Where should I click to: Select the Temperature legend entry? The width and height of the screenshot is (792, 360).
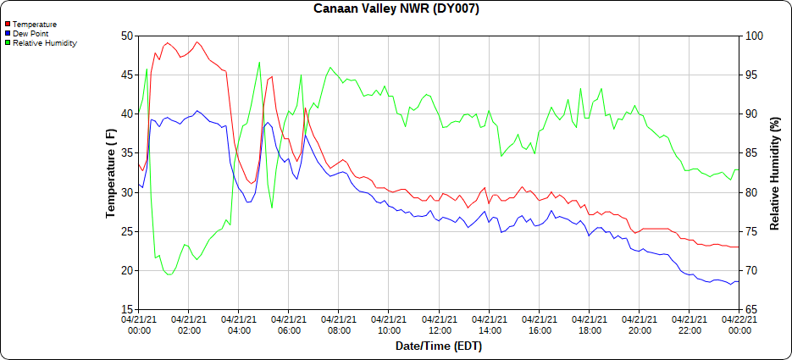point(34,25)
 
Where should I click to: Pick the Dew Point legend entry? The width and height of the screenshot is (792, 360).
point(30,34)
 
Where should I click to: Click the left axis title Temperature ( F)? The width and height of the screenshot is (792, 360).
point(111,173)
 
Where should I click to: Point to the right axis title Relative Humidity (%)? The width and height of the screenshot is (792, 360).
point(774,173)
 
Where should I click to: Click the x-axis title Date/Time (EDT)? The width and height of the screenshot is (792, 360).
point(438,346)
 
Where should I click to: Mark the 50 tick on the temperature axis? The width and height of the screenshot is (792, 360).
point(127,36)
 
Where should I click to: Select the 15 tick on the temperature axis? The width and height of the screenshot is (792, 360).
point(127,310)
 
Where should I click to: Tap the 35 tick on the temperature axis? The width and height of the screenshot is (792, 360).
point(127,153)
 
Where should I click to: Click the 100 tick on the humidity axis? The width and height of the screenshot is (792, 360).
point(752,36)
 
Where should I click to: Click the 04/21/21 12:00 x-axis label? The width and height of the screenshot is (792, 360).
point(439,324)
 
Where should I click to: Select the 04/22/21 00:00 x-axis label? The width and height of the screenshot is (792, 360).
point(739,324)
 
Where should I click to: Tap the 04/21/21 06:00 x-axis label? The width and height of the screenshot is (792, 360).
point(289,324)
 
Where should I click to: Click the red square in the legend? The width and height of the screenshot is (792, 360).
point(7,25)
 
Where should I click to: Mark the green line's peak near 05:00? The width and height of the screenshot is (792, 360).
point(259,62)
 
